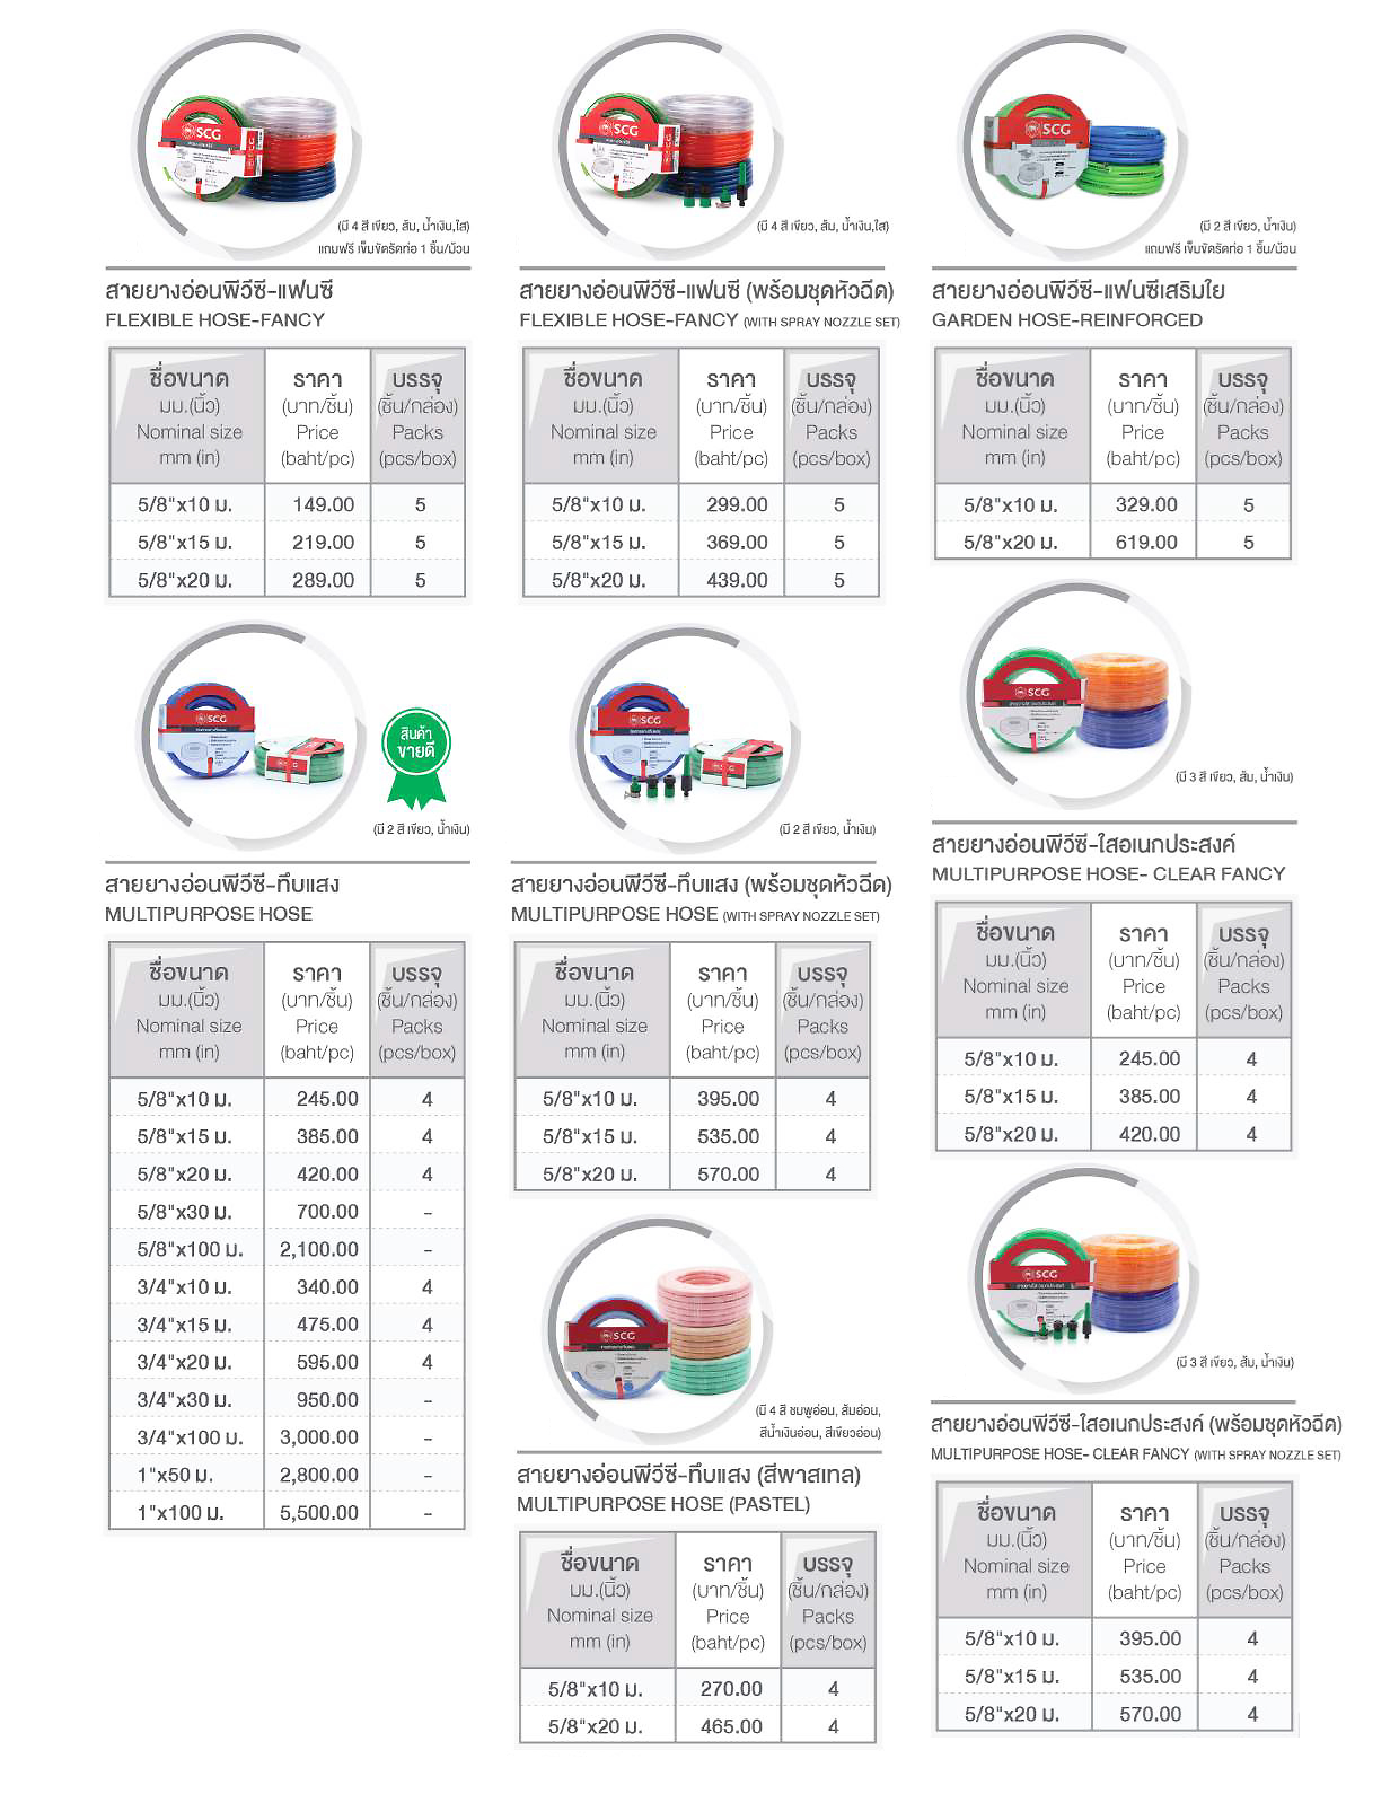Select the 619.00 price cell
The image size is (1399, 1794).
click(x=1146, y=542)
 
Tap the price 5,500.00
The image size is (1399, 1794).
click(x=319, y=1512)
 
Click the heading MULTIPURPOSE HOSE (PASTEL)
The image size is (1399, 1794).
click(x=663, y=1504)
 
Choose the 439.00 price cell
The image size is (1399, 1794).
click(x=737, y=580)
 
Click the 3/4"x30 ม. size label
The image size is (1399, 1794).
click(x=185, y=1399)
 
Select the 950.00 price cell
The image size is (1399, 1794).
click(x=327, y=1399)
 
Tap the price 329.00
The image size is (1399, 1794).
click(x=1146, y=504)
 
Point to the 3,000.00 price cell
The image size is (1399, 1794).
click(x=319, y=1437)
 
